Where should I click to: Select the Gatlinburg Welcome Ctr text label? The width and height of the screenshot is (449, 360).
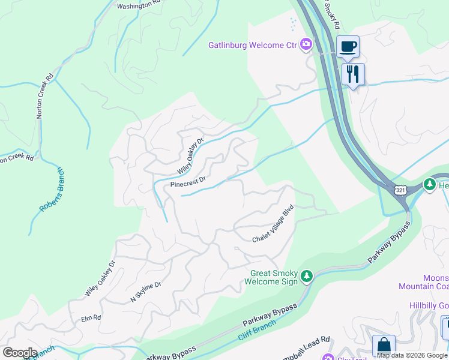(253, 45)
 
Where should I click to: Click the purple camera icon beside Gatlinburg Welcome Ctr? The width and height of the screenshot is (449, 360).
(306, 44)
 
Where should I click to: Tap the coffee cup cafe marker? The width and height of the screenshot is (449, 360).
(347, 47)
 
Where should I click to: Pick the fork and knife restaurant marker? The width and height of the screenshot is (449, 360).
(353, 74)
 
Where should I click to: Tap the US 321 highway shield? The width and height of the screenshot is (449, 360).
(401, 190)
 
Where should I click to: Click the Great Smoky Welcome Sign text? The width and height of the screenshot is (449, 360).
(274, 277)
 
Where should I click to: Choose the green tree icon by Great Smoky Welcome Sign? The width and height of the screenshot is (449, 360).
(307, 276)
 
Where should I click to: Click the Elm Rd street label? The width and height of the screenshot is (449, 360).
(91, 317)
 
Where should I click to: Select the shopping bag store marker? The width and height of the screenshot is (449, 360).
(384, 346)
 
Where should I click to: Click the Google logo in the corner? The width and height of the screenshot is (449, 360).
(20, 353)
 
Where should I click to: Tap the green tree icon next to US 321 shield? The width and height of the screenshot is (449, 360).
(430, 185)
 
